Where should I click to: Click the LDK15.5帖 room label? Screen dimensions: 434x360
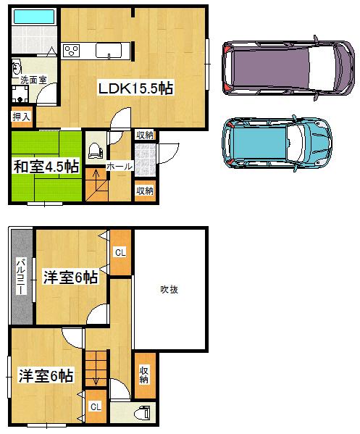135,88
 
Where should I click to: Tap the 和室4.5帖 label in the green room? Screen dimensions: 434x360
45,166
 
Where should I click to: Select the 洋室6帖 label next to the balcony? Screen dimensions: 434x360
70,276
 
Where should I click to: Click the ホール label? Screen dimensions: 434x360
120,167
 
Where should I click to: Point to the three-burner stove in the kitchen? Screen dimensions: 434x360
73,51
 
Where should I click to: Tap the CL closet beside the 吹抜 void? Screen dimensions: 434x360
120,253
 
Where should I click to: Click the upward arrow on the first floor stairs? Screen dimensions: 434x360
95,181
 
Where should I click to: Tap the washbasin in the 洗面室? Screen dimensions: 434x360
16,68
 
